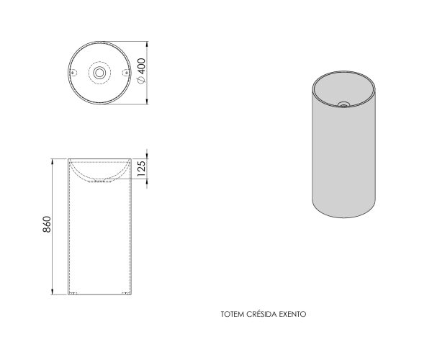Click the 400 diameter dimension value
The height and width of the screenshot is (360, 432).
141,66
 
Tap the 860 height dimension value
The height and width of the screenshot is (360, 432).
47,224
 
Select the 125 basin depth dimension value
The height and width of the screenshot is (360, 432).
141,168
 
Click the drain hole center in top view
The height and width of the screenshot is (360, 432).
99,73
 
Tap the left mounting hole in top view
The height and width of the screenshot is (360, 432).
73,73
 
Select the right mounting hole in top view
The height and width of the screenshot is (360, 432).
126,73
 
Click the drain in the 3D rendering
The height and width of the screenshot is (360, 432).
344,104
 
